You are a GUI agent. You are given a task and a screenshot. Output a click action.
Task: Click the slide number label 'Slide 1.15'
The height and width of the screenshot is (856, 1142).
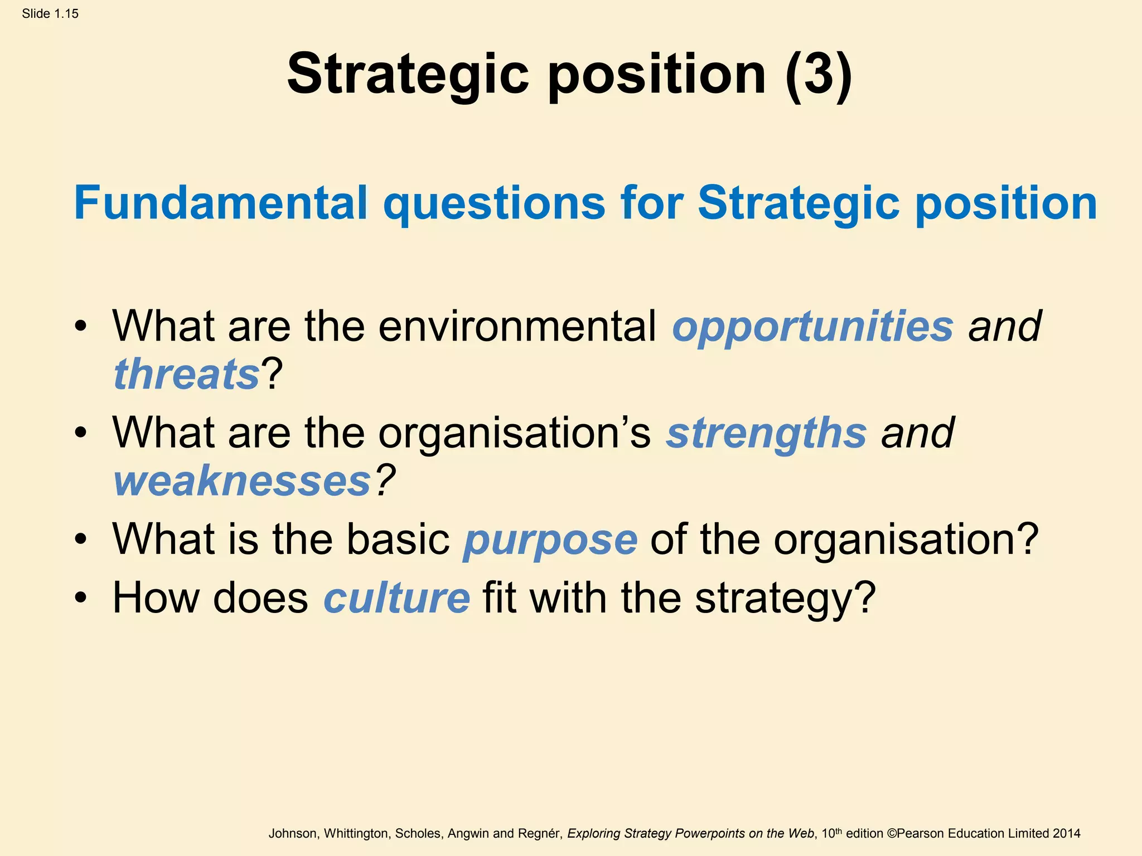coord(50,14)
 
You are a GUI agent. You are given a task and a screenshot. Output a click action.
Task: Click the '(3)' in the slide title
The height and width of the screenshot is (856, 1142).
coord(819,75)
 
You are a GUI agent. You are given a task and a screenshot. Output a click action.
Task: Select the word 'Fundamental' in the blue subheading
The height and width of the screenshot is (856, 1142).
coord(220,203)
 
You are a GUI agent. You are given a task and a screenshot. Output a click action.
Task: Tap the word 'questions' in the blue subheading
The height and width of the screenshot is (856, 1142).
coord(493,204)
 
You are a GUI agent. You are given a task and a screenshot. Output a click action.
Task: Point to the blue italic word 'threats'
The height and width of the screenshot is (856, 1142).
coord(186,374)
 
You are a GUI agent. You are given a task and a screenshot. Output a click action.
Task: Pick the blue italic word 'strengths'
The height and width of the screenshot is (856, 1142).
coord(766,434)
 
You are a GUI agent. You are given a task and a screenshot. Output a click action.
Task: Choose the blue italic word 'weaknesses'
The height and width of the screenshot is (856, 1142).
coord(242,481)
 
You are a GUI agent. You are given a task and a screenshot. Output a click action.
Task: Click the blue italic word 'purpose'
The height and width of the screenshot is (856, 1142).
coord(550,541)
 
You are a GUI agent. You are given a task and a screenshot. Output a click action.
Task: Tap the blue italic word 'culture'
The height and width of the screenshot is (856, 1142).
coord(396,599)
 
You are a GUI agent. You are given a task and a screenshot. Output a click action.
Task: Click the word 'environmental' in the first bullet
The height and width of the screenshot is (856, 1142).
coord(517,327)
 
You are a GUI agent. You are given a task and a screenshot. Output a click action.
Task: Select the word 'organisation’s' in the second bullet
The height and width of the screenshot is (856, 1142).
coord(514,434)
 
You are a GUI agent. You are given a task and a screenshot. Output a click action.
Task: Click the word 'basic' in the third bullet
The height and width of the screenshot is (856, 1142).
coord(398,539)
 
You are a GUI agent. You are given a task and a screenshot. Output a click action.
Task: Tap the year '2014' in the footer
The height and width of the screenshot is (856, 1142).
coord(1066,834)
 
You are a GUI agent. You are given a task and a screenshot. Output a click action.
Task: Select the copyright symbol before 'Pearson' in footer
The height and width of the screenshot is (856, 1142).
coord(891,834)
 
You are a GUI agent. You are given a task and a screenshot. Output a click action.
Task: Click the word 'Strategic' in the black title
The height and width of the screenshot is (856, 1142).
coord(408,75)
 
